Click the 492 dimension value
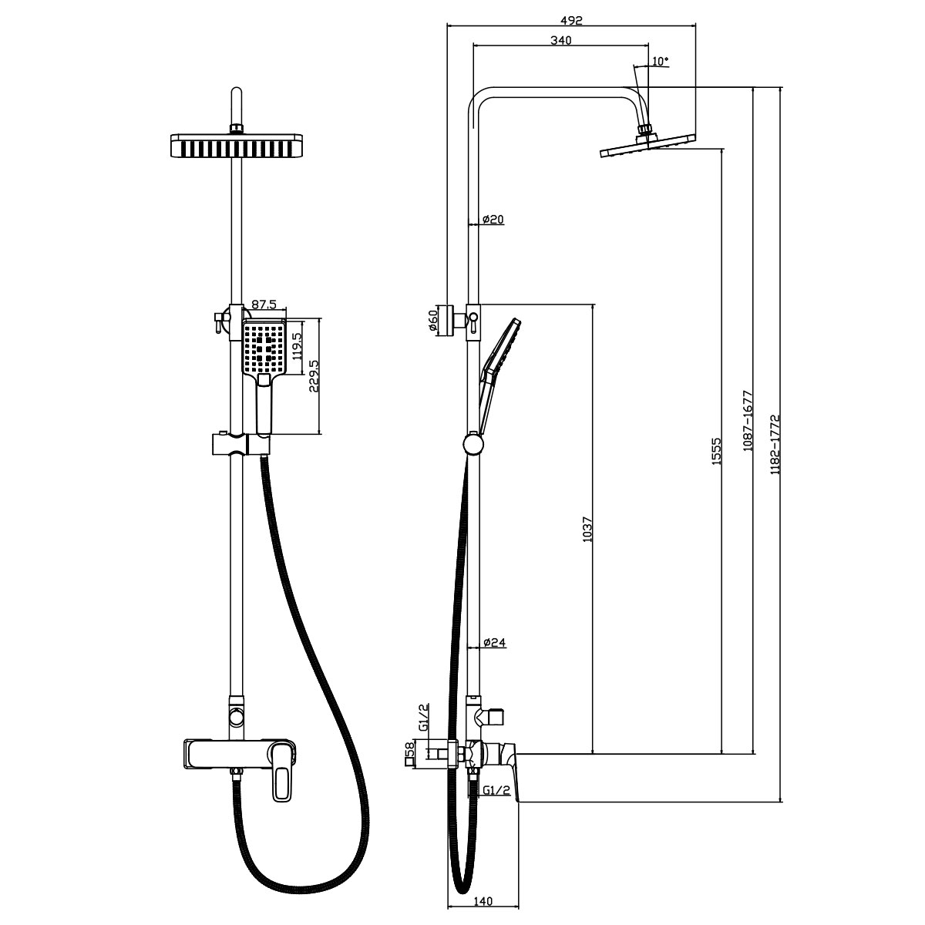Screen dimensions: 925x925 click(x=571, y=21)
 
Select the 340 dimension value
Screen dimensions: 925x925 click(x=560, y=41)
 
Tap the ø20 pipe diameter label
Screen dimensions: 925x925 click(x=493, y=220)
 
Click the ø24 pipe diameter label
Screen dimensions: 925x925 click(x=493, y=642)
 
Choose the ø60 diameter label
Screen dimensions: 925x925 click(x=434, y=319)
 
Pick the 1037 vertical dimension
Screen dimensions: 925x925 click(x=587, y=528)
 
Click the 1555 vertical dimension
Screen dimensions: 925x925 click(x=715, y=451)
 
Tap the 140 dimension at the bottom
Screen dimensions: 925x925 click(x=483, y=901)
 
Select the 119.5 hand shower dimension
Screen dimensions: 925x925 click(x=297, y=339)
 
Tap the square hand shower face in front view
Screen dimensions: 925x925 click(x=264, y=349)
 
